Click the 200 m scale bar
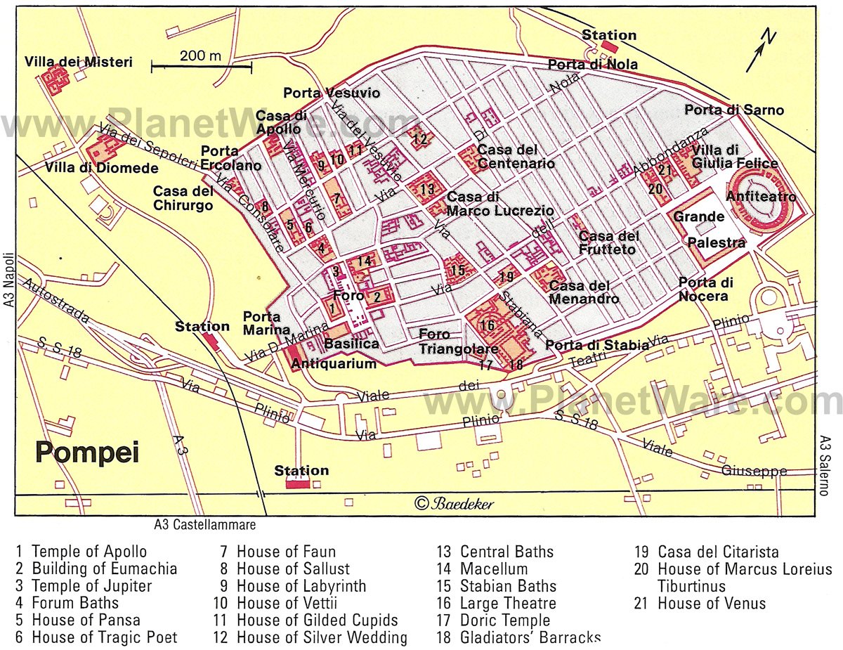202,67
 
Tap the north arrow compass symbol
760,50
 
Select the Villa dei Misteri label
78,62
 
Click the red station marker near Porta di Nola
609,47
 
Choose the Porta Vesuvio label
332,93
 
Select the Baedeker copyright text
455,503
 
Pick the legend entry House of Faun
286,552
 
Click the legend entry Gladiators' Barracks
530,637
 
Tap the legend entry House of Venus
711,603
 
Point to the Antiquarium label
334,363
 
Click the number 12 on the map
419,138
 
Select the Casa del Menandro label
584,292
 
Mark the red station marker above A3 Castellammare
298,483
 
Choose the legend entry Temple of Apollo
89,552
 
